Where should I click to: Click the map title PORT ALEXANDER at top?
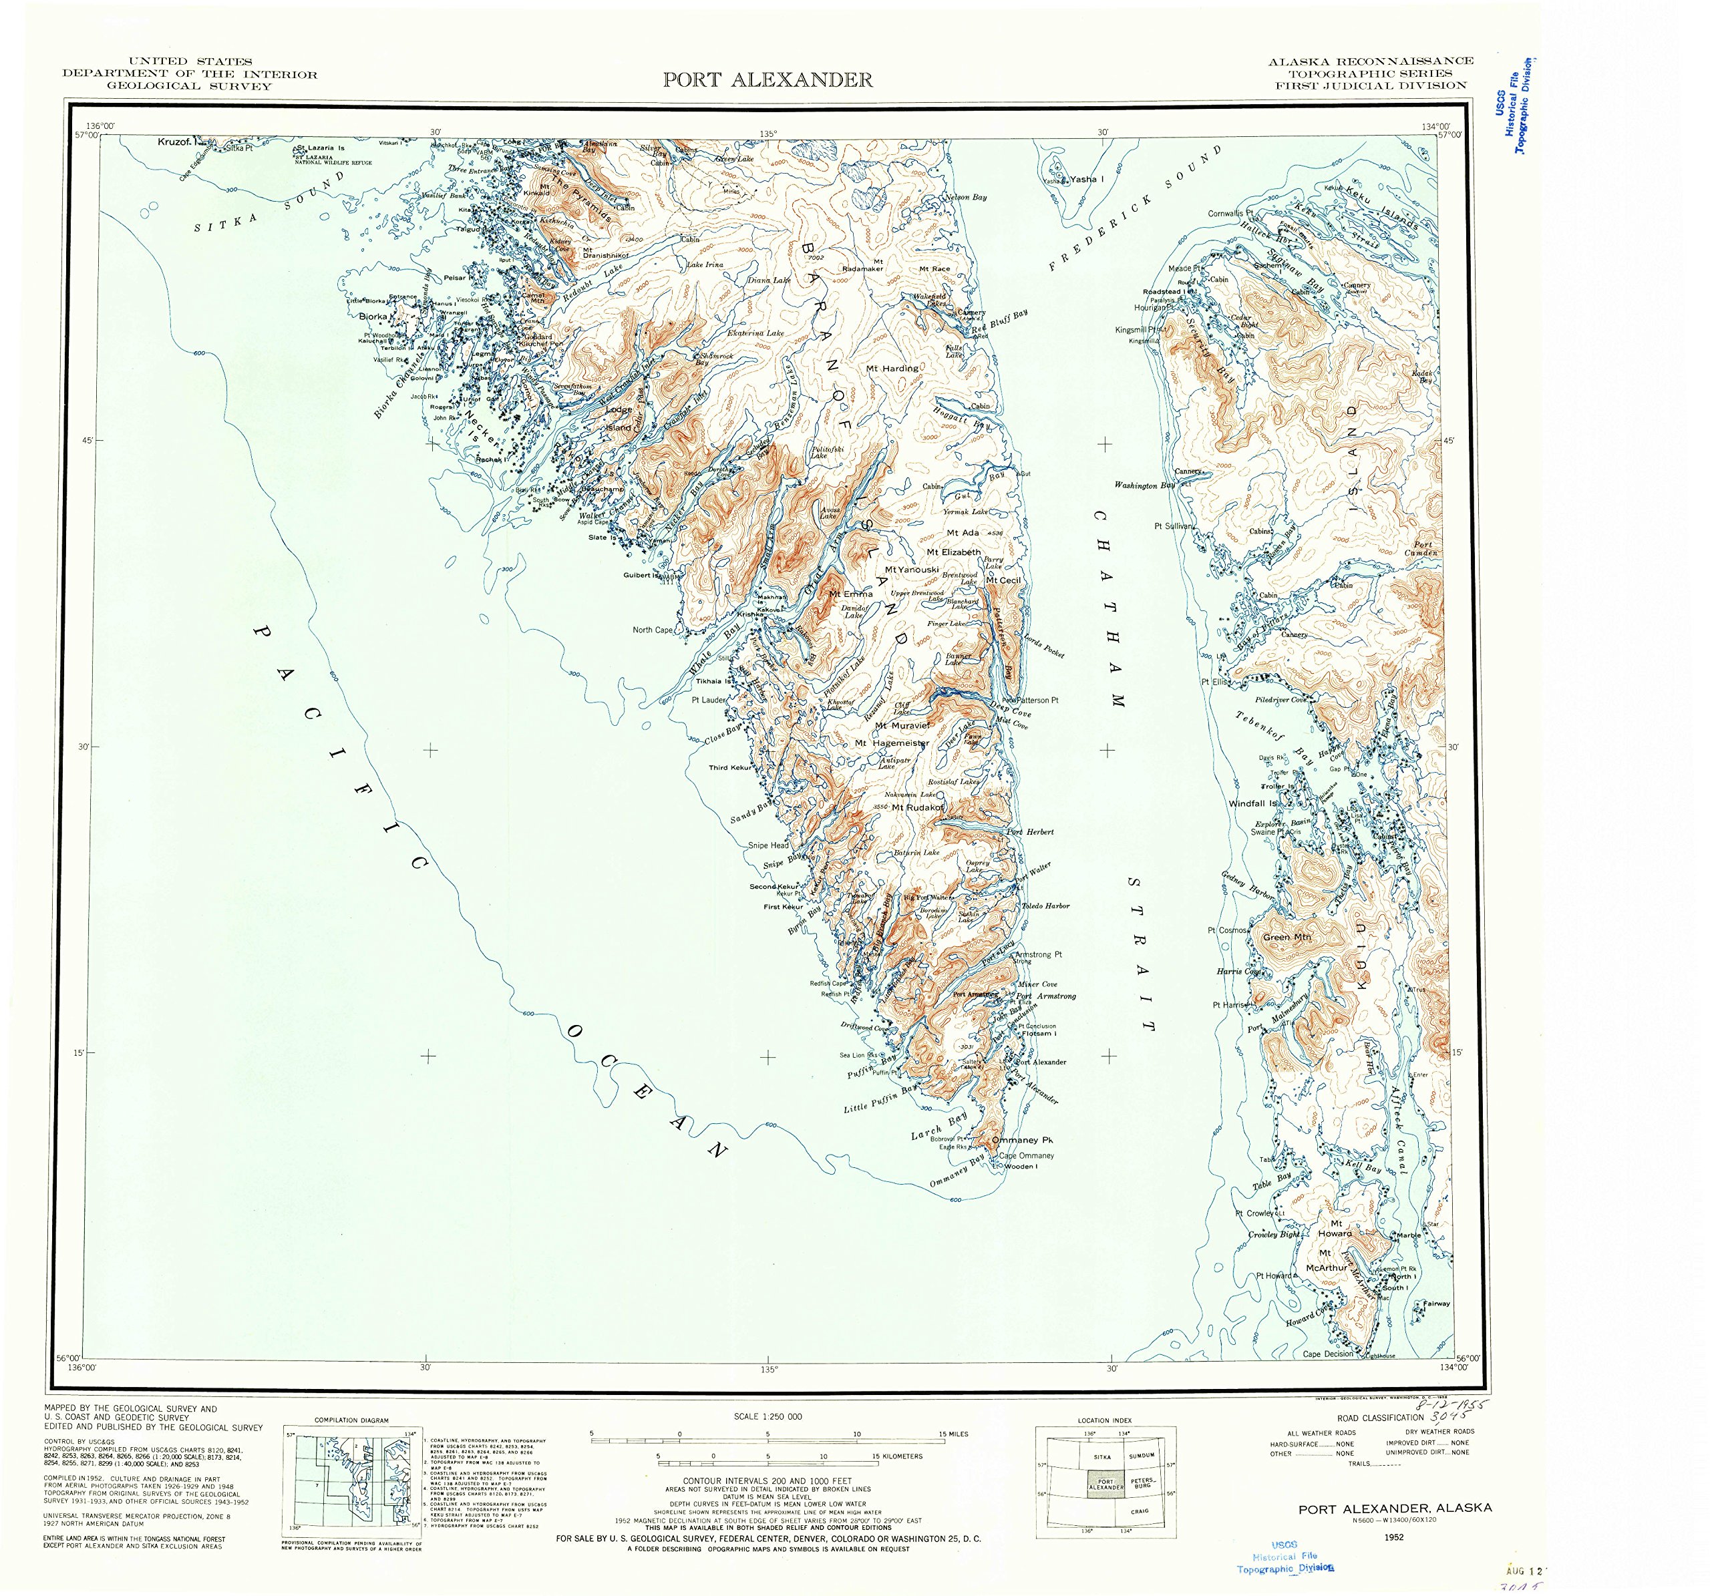(x=767, y=80)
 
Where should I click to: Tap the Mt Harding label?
(x=893, y=368)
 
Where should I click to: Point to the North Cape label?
(x=653, y=630)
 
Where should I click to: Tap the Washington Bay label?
(x=1144, y=485)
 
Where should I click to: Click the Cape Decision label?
(x=1328, y=1354)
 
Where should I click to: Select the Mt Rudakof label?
(x=918, y=807)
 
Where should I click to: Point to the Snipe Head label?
(x=767, y=845)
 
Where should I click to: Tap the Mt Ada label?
(x=963, y=533)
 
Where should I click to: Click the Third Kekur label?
(x=729, y=768)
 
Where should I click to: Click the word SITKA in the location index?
(x=1102, y=1456)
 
